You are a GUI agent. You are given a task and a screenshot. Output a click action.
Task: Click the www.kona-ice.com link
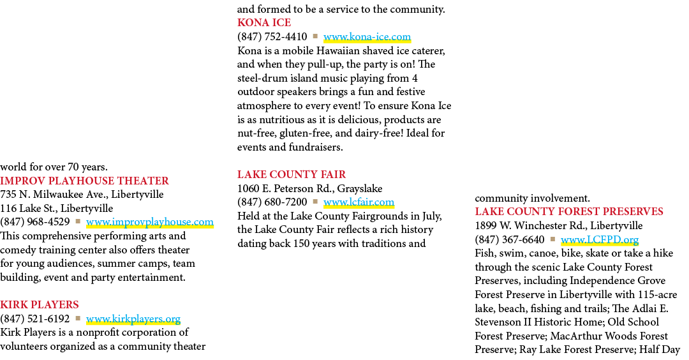[367, 36]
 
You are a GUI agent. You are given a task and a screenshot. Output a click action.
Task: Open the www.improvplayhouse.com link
[150, 222]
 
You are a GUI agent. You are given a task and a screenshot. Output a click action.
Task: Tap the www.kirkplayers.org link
[133, 319]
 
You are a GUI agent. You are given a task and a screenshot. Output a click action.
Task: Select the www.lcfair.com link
[359, 202]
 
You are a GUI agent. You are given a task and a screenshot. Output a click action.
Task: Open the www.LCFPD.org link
[600, 239]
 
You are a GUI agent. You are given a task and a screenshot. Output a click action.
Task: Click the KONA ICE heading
[264, 22]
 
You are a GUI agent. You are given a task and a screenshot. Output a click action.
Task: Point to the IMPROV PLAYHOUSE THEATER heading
[84, 181]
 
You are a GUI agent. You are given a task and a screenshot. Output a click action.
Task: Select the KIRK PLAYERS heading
[40, 304]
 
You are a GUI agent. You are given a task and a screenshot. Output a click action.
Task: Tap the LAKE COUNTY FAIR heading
[292, 174]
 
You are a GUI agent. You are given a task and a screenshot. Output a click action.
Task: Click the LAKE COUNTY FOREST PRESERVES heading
[569, 211]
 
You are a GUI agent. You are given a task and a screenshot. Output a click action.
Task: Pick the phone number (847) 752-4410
[272, 36]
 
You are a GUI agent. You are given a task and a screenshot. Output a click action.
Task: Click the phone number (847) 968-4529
[34, 222]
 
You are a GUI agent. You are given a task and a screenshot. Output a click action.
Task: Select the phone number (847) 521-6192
[34, 319]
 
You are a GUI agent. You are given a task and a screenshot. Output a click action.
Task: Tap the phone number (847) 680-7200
[272, 202]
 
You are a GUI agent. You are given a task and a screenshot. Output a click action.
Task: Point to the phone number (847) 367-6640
[510, 239]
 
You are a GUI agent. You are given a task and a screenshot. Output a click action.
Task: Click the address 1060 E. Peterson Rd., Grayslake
[310, 188]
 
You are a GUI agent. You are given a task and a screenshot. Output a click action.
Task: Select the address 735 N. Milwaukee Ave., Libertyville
[82, 194]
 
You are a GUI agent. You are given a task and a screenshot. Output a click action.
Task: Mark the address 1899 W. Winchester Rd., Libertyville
[559, 225]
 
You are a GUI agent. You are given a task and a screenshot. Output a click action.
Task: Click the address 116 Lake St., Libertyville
[57, 208]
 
